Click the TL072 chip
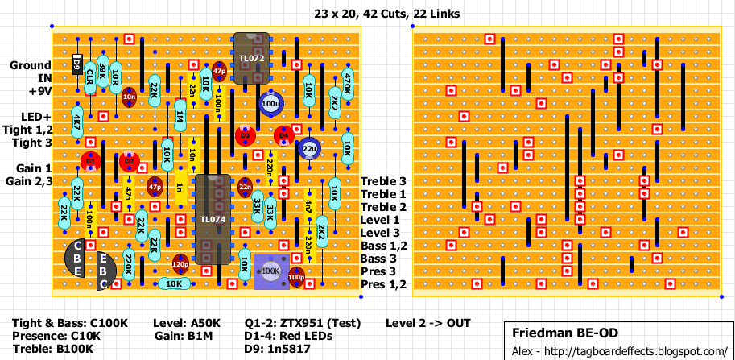click(x=250, y=58)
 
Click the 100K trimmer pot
click(x=270, y=271)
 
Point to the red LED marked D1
click(x=90, y=162)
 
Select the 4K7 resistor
click(x=77, y=123)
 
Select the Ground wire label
click(x=31, y=65)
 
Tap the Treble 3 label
click(x=383, y=181)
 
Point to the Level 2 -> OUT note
click(x=427, y=323)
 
